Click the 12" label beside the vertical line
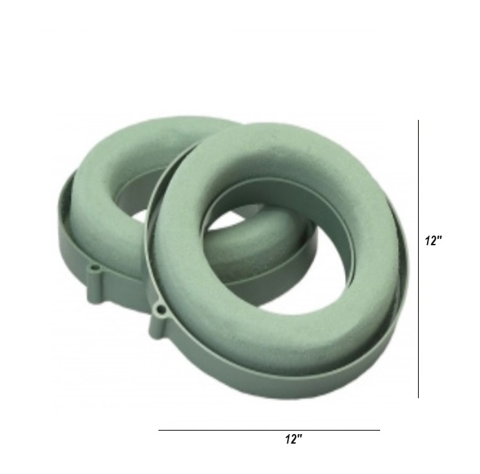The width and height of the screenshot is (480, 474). pyautogui.click(x=433, y=240)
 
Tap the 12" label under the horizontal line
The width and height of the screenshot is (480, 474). pyautogui.click(x=293, y=440)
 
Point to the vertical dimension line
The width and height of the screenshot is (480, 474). pyautogui.click(x=419, y=259)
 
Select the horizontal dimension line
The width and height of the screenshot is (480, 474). pyautogui.click(x=269, y=430)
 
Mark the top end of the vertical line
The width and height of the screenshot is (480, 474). pyautogui.click(x=419, y=120)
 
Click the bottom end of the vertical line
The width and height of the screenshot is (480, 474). pyautogui.click(x=419, y=398)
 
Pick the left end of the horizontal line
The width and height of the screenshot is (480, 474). pyautogui.click(x=158, y=430)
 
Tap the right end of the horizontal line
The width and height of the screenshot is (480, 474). pyautogui.click(x=380, y=430)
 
